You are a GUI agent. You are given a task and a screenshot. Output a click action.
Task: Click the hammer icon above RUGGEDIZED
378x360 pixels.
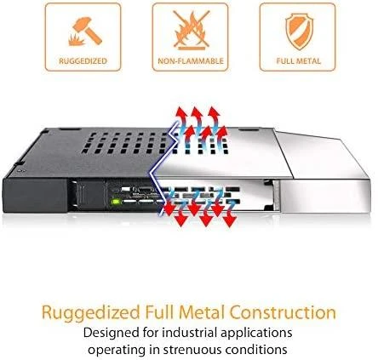[x=87, y=30]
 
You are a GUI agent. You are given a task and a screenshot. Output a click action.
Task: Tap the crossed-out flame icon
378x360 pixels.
[x=191, y=30]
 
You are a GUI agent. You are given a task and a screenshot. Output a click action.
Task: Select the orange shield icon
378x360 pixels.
[x=299, y=32]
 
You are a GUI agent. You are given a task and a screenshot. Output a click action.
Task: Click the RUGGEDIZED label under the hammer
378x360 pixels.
[x=83, y=61]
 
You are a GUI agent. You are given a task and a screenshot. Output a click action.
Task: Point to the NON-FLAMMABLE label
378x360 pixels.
[x=191, y=61]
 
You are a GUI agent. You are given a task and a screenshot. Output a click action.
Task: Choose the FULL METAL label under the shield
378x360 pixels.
[x=299, y=61]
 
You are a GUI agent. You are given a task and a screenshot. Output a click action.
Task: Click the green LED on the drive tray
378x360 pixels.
[x=116, y=203]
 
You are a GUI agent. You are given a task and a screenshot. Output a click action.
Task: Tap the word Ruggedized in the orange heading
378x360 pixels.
[x=91, y=313]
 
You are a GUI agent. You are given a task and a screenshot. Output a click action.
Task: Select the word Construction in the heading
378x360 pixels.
[x=283, y=311]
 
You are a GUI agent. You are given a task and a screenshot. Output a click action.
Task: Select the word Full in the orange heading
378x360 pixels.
[x=159, y=311]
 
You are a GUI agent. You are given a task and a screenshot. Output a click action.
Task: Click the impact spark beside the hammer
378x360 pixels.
[x=76, y=40]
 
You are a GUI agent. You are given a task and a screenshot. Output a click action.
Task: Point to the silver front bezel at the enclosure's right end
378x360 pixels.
[x=325, y=195]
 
